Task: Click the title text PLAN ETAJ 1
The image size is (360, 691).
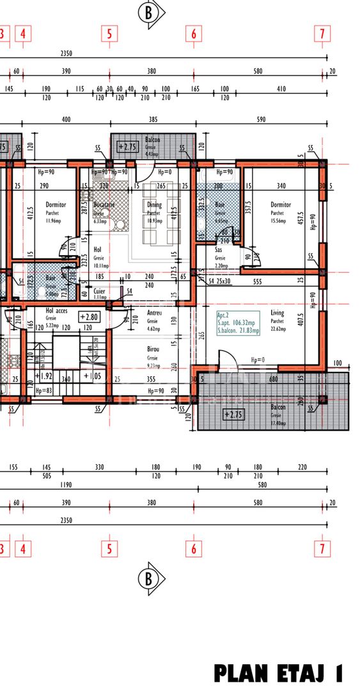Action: click(x=279, y=674)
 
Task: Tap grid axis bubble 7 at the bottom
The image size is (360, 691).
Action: click(x=322, y=548)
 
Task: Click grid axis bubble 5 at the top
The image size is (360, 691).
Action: click(x=109, y=34)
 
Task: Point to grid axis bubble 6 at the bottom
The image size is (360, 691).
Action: click(x=194, y=548)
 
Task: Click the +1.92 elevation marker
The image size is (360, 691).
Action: click(x=43, y=376)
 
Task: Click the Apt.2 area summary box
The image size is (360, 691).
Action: click(x=238, y=323)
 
